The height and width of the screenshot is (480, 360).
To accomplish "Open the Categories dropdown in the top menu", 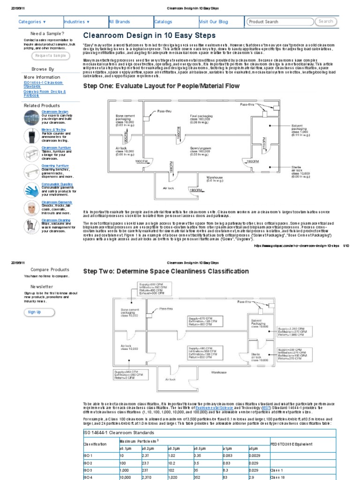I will [x=32, y=22].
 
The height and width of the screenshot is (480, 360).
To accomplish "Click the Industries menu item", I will [x=77, y=22].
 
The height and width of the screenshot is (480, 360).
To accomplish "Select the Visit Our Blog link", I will [x=213, y=22].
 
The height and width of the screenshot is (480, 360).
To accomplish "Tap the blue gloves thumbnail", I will [x=32, y=190].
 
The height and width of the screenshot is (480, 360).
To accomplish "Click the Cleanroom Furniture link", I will [x=55, y=148].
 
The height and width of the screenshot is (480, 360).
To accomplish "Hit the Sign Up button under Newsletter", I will [x=34, y=312].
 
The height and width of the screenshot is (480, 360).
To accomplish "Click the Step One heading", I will [x=161, y=86].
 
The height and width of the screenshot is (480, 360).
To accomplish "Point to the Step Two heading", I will [x=166, y=271].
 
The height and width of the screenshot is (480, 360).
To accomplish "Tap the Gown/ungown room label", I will [x=199, y=150].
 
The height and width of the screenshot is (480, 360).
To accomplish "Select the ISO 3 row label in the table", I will [x=88, y=470].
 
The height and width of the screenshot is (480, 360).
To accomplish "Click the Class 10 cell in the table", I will [x=277, y=477].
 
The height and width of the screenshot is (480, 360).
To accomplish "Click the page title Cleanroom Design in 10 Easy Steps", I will [x=149, y=36].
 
